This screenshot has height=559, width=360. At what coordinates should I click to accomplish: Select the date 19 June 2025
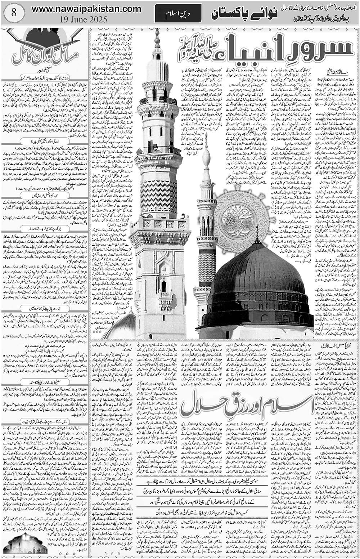[x=86, y=19]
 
